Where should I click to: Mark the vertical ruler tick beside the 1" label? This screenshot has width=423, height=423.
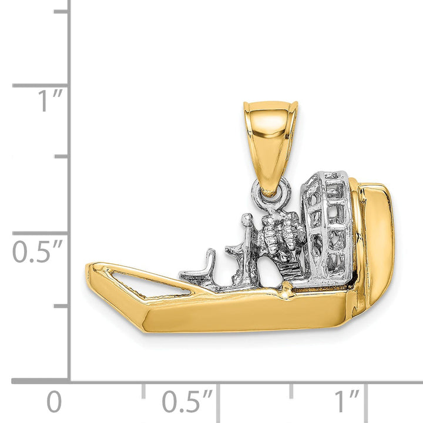(x=41, y=86)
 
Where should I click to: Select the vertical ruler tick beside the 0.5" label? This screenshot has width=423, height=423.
(x=41, y=233)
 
